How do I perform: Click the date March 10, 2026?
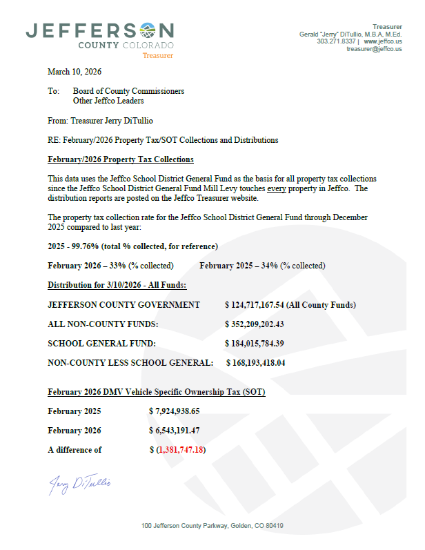point(75,72)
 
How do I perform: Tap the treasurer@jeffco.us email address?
point(374,49)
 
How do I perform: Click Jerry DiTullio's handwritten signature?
point(79,484)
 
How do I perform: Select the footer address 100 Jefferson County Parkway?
point(212,526)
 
